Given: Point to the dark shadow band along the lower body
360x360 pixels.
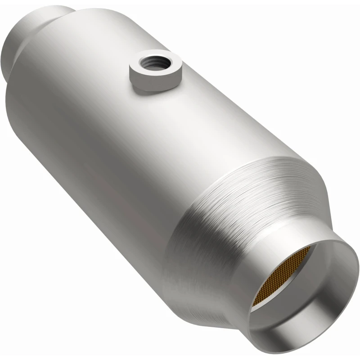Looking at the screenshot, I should pos(90,189).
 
